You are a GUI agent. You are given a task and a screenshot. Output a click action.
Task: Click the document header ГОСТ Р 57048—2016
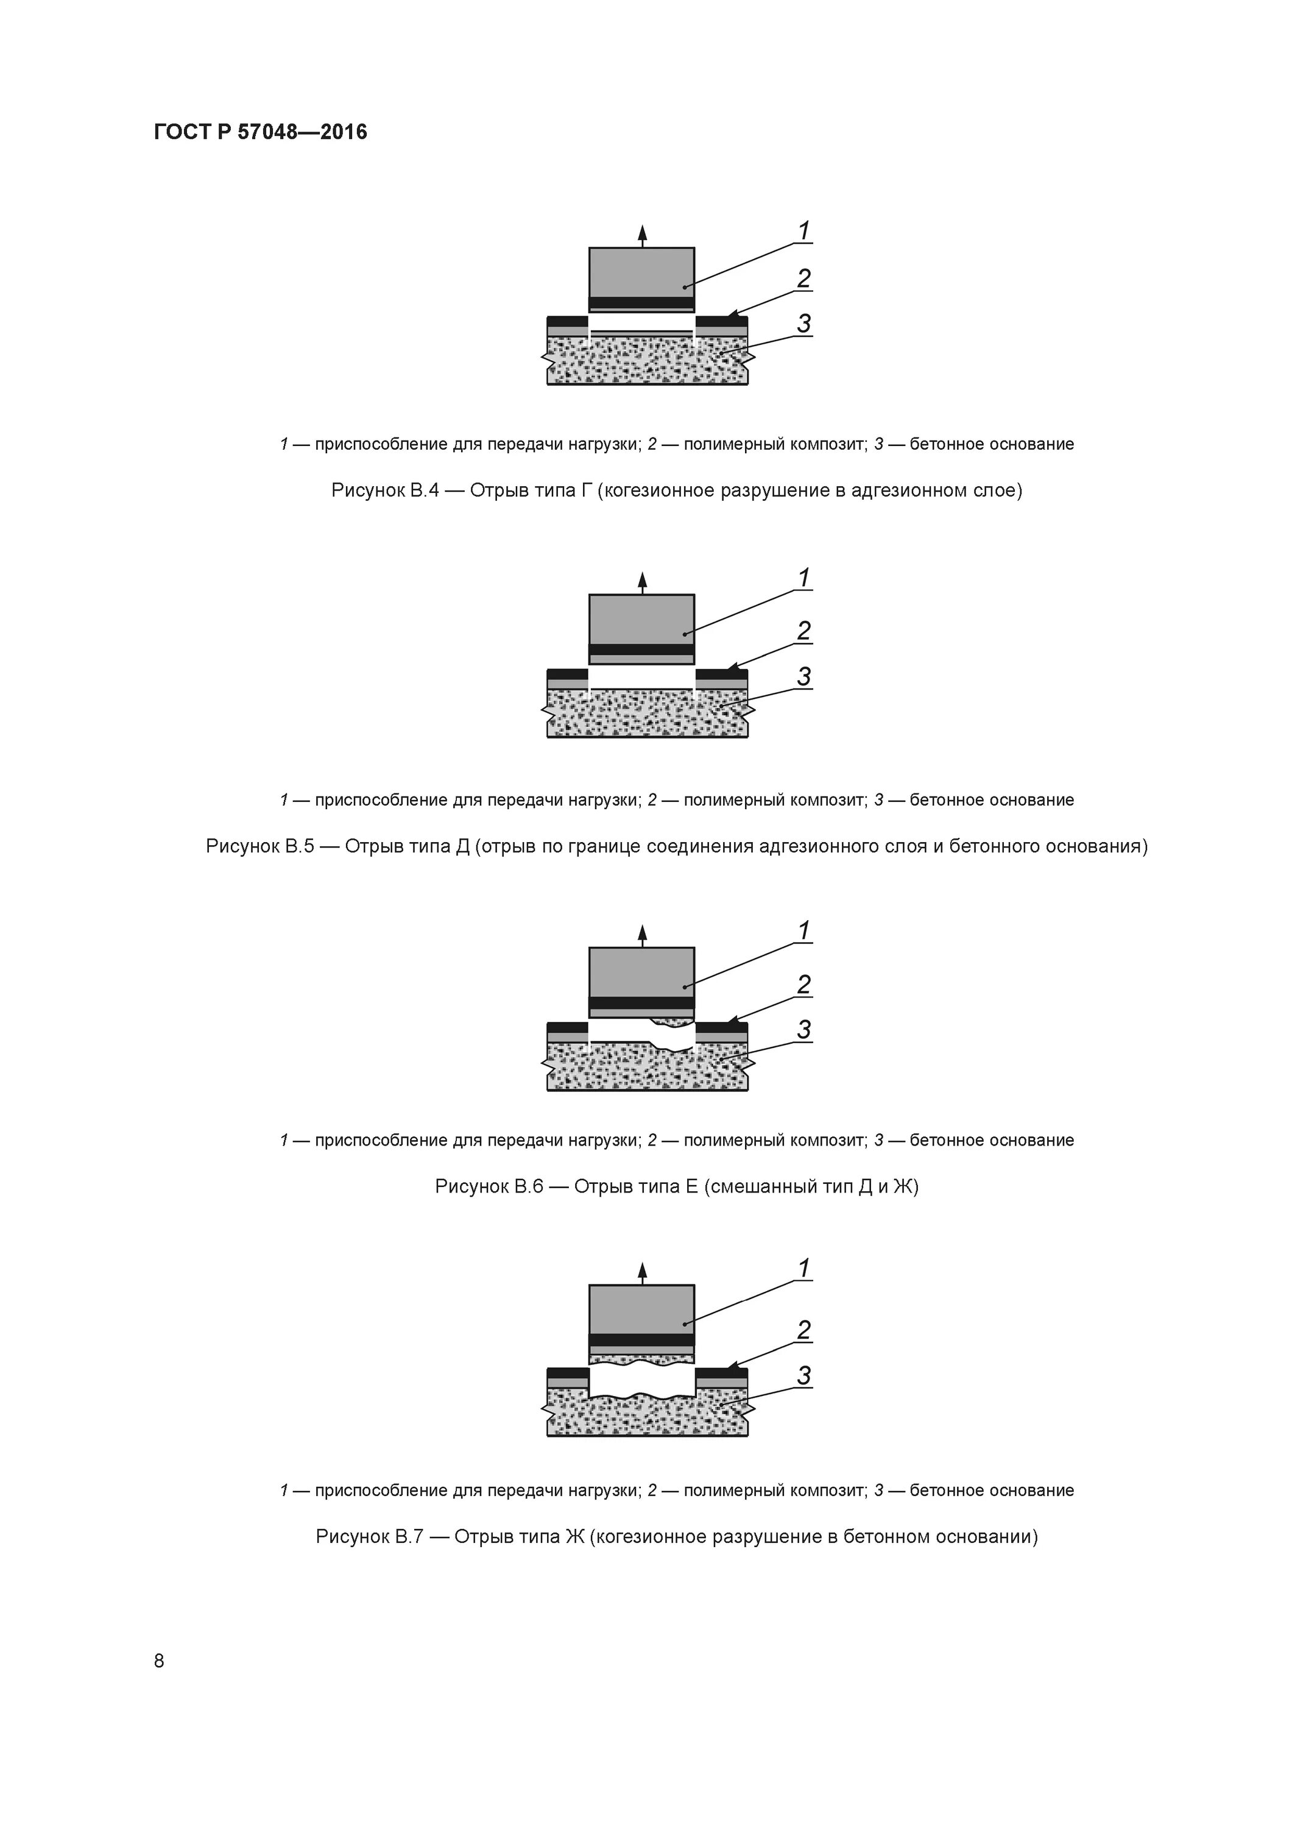coord(260,132)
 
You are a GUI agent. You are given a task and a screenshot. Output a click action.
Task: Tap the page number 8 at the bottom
coord(159,1661)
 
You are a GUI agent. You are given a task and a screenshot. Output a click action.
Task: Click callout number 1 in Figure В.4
coord(804,231)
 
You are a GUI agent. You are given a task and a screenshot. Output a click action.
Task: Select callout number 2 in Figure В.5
coord(804,631)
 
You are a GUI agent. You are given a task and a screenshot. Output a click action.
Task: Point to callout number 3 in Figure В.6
coord(804,1029)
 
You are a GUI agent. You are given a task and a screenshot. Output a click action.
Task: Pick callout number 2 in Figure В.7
coord(804,1330)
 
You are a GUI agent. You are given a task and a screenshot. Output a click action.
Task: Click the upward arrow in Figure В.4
coord(643,234)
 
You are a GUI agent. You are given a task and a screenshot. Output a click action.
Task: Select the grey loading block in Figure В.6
coord(641,972)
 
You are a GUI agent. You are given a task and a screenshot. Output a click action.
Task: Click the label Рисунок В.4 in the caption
coord(386,491)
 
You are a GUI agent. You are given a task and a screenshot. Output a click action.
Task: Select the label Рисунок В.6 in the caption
coord(489,1187)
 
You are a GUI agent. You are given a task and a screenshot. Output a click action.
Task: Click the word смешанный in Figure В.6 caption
coord(760,1187)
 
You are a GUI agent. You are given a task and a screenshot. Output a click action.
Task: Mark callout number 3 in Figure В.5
coord(804,677)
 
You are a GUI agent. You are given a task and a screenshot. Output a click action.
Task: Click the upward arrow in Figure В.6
coord(643,934)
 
